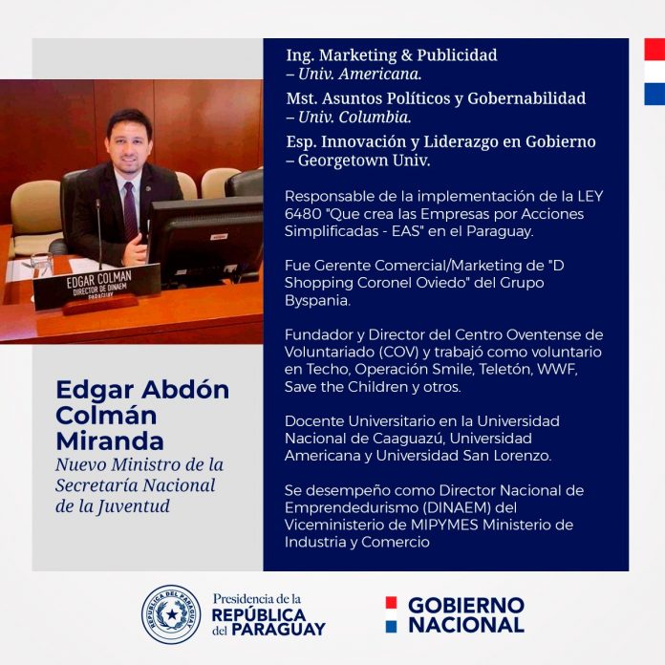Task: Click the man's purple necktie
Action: pyautogui.click(x=130, y=211)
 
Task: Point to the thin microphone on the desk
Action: pyautogui.click(x=98, y=234)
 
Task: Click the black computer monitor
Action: pyautogui.click(x=206, y=240)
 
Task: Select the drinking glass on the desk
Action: pyautogui.click(x=42, y=265)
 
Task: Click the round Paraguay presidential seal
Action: pyautogui.click(x=171, y=613)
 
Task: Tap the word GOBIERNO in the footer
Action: pyautogui.click(x=466, y=605)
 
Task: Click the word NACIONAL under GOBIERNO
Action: pyautogui.click(x=466, y=625)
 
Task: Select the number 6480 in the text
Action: pyautogui.click(x=303, y=214)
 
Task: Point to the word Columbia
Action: pyautogui.click(x=375, y=118)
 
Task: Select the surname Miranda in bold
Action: pyautogui.click(x=110, y=441)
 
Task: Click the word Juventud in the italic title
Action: pyautogui.click(x=133, y=506)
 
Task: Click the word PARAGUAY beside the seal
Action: pyautogui.click(x=278, y=629)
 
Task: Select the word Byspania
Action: pyautogui.click(x=317, y=300)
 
